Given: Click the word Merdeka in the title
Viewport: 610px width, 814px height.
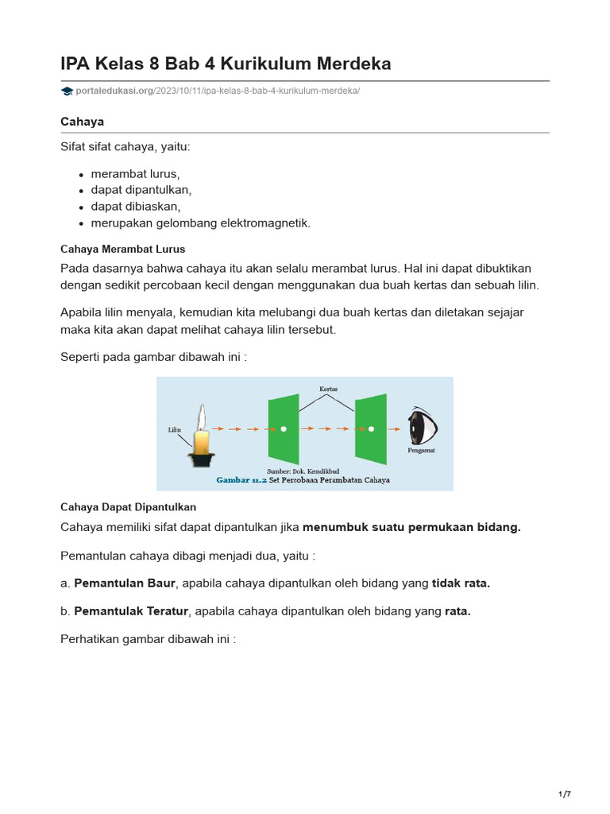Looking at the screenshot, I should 351,64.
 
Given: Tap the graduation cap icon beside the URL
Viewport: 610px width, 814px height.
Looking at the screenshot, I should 67,91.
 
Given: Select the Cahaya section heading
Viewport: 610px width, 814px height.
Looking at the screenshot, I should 83,121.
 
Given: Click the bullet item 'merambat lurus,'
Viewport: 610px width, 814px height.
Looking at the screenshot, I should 136,173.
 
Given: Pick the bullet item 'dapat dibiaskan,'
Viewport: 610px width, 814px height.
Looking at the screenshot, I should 136,207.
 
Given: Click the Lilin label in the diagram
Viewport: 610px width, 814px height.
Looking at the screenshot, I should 176,429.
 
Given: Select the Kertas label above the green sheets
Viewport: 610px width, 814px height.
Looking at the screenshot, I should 328,389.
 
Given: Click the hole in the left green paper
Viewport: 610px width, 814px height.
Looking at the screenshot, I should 284,429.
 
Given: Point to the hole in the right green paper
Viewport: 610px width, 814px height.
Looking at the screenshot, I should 370,429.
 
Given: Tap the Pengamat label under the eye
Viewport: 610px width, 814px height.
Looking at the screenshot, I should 420,450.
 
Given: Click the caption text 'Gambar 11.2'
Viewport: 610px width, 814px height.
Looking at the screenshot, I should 241,480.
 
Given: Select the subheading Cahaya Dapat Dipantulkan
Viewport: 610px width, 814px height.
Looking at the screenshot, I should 128,506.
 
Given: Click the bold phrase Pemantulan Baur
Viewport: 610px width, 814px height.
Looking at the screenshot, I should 124,583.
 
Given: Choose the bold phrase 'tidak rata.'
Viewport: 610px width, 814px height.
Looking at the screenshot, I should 461,583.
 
